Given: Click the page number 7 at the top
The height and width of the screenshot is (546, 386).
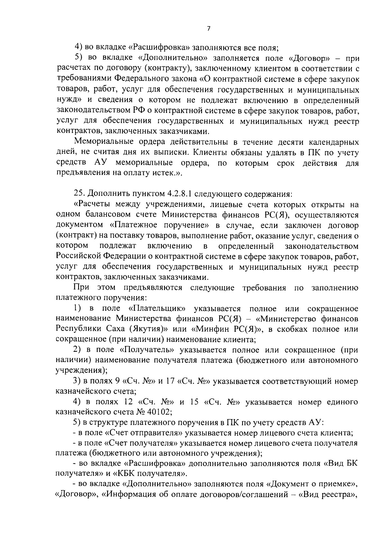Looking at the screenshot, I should tap(208, 29).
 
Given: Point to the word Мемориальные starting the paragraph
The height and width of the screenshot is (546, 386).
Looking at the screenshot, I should tap(103, 142).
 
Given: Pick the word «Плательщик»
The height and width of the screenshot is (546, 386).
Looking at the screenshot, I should tap(157, 309).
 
